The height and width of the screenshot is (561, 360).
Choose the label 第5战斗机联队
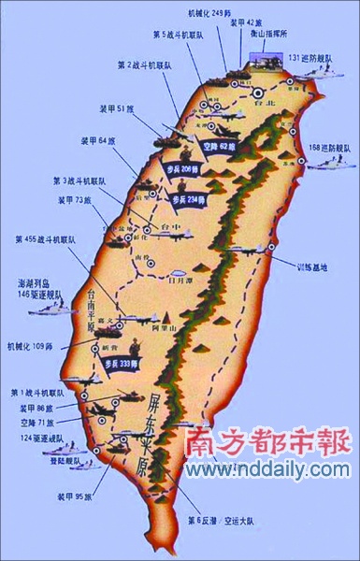point(175,34)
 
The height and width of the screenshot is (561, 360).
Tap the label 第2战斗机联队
point(145,65)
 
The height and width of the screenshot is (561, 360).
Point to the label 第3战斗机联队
point(81,180)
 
